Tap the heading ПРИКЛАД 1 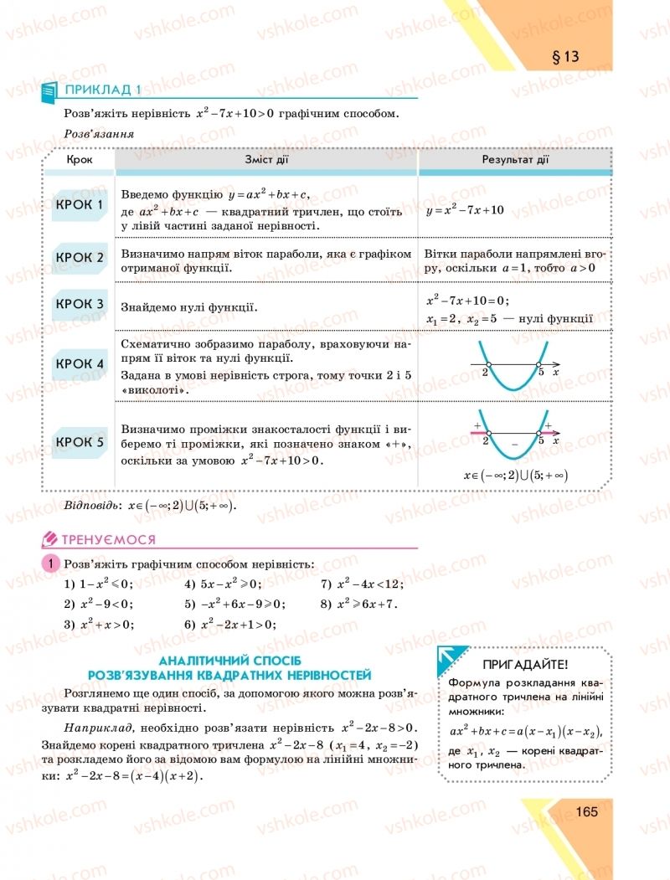coord(103,89)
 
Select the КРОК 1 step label coord(80,204)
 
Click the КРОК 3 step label coord(80,304)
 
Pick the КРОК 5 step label coord(80,441)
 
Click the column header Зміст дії coord(266,159)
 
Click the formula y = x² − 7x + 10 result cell coord(465,209)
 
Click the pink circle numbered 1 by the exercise coord(50,564)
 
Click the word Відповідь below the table coord(90,506)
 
